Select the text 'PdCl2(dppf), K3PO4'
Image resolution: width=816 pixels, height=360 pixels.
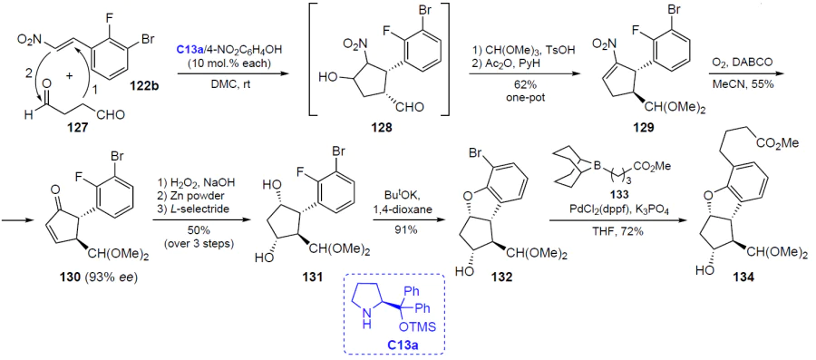(617, 211)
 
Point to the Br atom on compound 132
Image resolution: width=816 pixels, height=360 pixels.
(477, 157)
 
